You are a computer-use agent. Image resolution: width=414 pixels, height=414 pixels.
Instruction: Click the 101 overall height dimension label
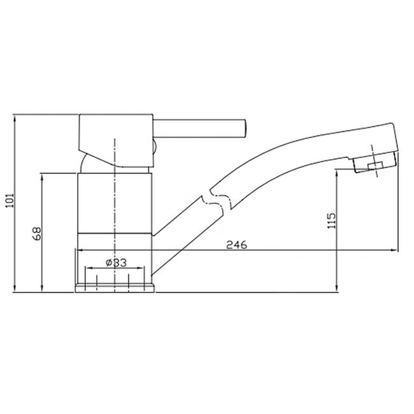(x=8, y=204)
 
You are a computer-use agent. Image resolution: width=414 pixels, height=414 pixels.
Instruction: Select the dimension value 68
(x=36, y=233)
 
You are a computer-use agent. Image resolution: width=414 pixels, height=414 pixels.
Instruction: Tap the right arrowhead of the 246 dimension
(x=397, y=250)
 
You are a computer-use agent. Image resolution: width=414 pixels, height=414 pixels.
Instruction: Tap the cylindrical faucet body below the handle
(x=115, y=204)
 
